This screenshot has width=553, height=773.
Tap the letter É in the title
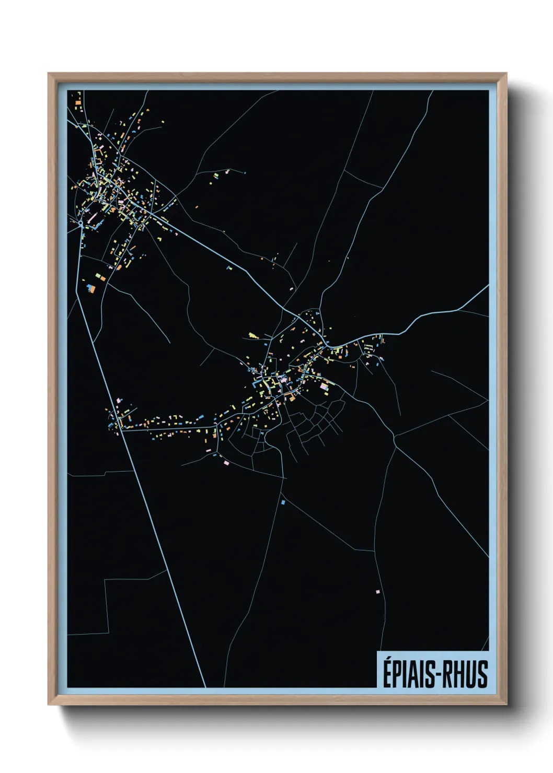(388, 673)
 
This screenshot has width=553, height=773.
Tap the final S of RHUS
(482, 674)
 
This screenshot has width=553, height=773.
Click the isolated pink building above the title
(377, 592)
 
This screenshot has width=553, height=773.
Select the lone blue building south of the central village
(283, 502)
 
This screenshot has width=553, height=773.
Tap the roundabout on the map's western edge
(81, 224)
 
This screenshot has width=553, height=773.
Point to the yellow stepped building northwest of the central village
(254, 335)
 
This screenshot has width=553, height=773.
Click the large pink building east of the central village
(324, 387)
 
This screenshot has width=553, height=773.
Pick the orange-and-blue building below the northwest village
(92, 287)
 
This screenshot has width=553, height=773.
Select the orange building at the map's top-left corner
(77, 103)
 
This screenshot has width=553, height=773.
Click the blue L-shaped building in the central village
(258, 384)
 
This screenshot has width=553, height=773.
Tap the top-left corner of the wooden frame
(49, 74)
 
